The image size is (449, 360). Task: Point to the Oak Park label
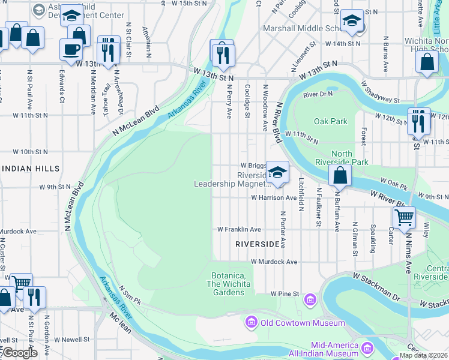click(330, 121)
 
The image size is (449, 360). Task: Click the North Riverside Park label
click(342, 158)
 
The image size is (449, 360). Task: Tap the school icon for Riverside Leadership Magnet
click(277, 172)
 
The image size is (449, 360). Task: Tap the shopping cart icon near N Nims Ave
click(405, 217)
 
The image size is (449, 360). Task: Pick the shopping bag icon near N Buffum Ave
click(340, 176)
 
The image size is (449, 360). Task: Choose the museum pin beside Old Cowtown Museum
click(251, 323)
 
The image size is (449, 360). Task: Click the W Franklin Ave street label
click(239, 229)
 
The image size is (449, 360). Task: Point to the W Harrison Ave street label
click(274, 197)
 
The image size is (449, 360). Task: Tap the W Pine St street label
click(284, 294)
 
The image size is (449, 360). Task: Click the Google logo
click(20, 353)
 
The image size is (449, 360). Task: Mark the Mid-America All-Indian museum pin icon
click(367, 348)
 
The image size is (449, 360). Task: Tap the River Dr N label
click(318, 95)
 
